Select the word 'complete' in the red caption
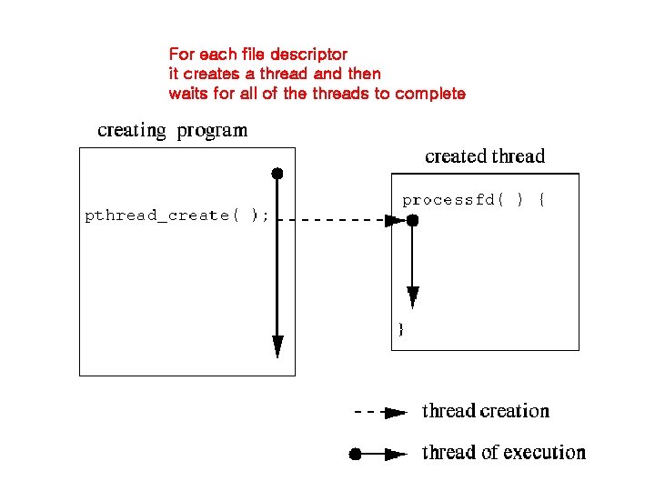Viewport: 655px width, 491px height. coord(430,94)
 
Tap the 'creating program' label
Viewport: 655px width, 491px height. coord(172,130)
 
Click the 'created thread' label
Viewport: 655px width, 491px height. coord(485,156)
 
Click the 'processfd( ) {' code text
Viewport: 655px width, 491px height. coord(473,200)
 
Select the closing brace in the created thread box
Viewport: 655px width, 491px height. coord(400,329)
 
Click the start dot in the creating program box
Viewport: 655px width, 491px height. coord(277,173)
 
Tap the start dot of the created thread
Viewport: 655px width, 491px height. coord(413,220)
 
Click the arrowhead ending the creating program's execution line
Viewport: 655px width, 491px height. coord(277,346)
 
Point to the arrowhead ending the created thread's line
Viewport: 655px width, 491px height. coord(413,296)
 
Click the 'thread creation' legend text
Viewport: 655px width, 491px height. coord(486,411)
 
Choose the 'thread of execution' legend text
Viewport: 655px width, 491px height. coord(504,452)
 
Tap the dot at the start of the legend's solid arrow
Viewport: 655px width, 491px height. coord(357,453)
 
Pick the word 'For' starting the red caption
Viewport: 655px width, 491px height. coord(182,55)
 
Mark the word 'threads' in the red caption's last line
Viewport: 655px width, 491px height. coord(341,94)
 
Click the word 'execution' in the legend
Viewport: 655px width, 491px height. coord(547,452)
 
